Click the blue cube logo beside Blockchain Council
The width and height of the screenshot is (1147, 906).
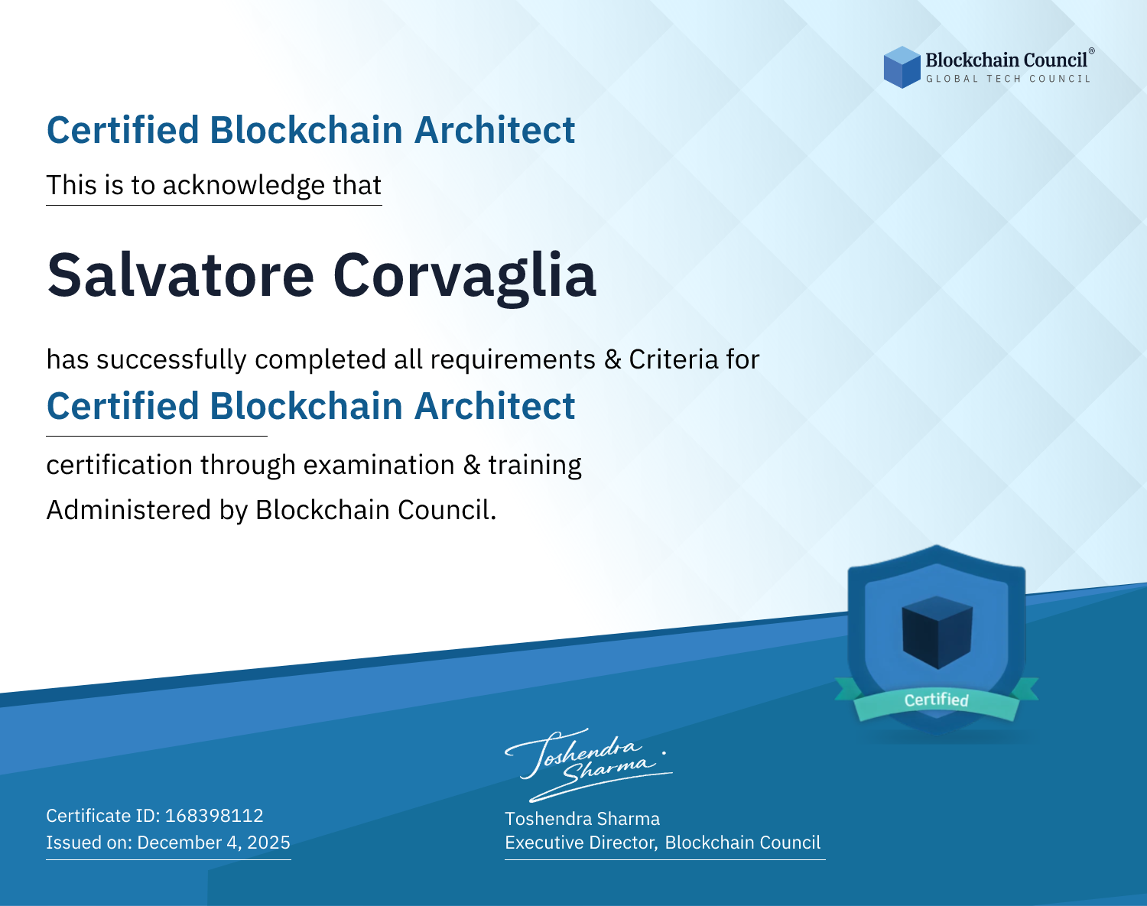[x=902, y=67]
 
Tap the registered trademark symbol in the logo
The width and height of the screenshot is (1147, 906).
[x=1092, y=51]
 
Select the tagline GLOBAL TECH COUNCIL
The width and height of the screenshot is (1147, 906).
[x=1009, y=79]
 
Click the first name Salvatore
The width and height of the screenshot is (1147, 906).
[x=180, y=275]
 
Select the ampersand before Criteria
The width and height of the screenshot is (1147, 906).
[x=612, y=359]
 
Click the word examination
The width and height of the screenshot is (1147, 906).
[x=379, y=465]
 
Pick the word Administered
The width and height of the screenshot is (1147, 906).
[x=128, y=509]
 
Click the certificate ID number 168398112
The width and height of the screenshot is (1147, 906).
[x=214, y=815]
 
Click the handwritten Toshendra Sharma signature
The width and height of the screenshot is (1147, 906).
[x=588, y=765]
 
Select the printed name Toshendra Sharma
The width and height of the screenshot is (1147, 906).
[x=582, y=819]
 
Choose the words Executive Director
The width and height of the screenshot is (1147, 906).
[x=581, y=843]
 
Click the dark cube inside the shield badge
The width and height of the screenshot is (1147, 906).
[x=937, y=632]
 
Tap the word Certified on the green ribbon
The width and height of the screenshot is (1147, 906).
[x=937, y=700]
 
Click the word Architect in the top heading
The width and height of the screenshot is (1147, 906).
[x=495, y=130]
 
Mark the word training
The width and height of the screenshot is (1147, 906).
[x=535, y=466]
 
